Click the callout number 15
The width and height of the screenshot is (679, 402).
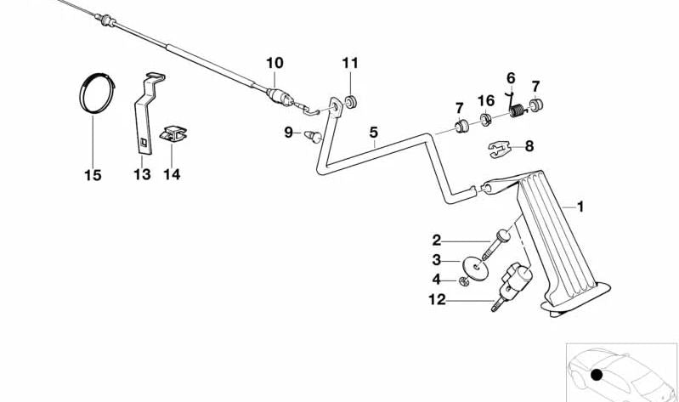point(93,175)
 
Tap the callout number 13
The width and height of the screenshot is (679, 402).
point(142,175)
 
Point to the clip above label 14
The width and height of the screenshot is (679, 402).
point(173,133)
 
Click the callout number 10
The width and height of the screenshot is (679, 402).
point(274,62)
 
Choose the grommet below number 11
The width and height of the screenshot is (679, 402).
point(351,102)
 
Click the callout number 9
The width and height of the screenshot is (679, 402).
point(288,133)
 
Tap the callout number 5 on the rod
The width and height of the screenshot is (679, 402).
point(372,132)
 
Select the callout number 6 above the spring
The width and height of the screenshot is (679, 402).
point(511,78)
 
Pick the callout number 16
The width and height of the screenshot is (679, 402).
point(485,101)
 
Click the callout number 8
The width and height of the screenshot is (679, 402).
point(529,146)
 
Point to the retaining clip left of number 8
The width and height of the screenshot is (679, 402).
point(501,150)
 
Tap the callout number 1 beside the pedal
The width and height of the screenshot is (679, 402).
point(580,206)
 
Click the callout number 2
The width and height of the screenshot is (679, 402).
point(437,241)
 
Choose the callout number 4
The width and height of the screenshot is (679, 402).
point(437,279)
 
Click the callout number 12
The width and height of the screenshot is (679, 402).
point(437,298)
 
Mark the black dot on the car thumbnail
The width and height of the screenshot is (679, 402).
point(597,375)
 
